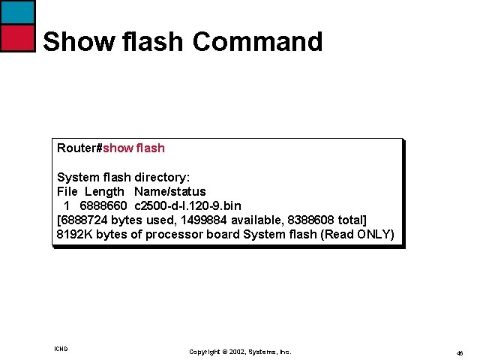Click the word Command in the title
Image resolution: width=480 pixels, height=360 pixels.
click(257, 41)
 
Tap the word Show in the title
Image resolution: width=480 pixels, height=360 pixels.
click(72, 41)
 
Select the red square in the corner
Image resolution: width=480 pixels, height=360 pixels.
click(17, 37)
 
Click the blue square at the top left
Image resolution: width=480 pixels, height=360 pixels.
click(17, 12)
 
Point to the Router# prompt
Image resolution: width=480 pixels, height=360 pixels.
click(79, 148)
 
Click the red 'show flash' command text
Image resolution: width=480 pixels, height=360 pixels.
click(133, 148)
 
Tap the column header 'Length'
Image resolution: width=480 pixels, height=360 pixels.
click(104, 191)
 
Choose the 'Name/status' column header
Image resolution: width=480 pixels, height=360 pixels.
click(169, 191)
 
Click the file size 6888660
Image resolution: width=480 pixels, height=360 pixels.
click(103, 205)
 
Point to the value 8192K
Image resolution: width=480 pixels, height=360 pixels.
click(74, 234)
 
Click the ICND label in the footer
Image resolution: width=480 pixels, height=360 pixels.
click(61, 349)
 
